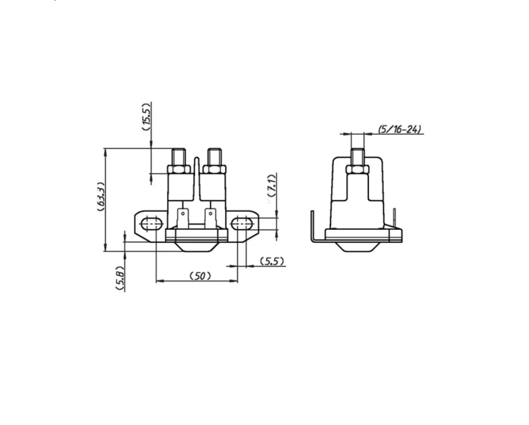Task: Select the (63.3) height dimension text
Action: [101, 197]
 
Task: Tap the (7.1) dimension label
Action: [271, 185]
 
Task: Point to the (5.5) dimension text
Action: [271, 261]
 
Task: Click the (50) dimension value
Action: [200, 276]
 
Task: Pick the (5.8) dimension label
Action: [119, 278]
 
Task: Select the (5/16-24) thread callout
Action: [400, 129]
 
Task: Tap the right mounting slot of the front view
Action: [242, 224]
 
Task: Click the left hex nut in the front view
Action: [179, 169]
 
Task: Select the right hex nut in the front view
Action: [214, 169]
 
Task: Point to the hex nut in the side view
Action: [357, 169]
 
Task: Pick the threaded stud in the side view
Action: [357, 157]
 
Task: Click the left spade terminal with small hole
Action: [183, 219]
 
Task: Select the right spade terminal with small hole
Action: [211, 219]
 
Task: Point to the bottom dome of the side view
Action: [357, 247]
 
